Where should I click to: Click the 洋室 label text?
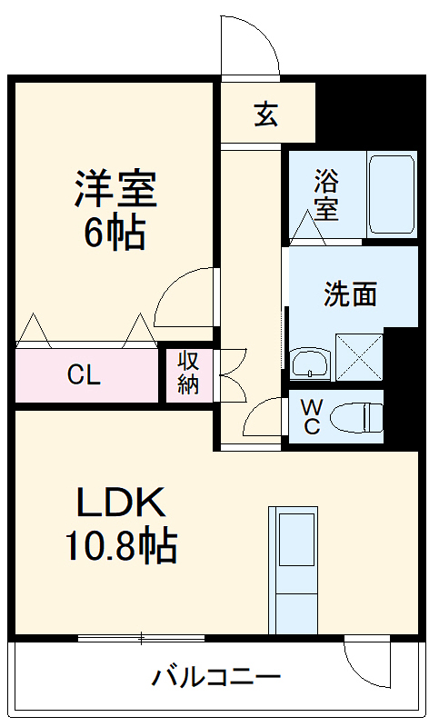pos(115,190)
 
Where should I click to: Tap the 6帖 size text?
pos(115,234)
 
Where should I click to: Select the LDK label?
pos(119,503)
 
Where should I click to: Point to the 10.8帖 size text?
pos(119,545)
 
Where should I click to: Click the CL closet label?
pos(84,375)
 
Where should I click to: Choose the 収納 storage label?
pos(188,373)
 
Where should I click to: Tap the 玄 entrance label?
pos(265,115)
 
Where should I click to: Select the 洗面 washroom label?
pos(350,294)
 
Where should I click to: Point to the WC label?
pos(311,417)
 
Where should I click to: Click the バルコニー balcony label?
pos(216,677)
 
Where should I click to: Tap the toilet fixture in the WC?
pos(357,417)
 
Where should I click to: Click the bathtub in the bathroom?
pos(392,193)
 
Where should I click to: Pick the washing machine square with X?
pos(358,355)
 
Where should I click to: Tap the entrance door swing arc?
pos(250,45)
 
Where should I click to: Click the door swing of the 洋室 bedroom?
pos(186,297)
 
